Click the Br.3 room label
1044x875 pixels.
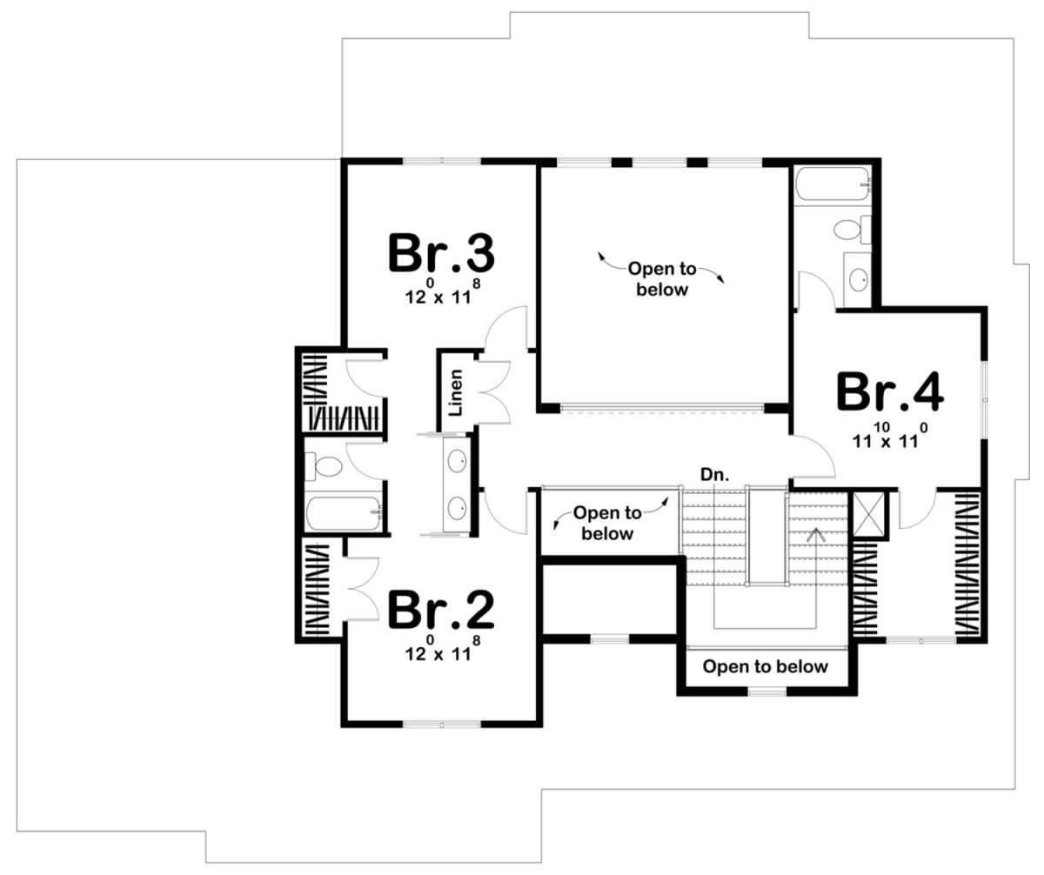coord(441,253)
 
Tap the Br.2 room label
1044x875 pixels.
coord(441,610)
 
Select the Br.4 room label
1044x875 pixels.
coord(890,392)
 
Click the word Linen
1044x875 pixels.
coord(456,393)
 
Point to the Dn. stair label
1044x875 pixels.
coord(714,475)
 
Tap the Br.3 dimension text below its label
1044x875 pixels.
coord(443,292)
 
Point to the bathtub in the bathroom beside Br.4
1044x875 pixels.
coord(833,184)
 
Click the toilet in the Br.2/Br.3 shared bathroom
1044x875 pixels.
coord(324,466)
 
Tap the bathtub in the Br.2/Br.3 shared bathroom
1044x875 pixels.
coord(345,512)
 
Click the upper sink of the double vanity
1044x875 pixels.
coord(457,460)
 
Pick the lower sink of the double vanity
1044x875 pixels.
coord(457,509)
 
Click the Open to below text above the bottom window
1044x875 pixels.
coord(765,666)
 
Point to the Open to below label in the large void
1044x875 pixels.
coord(662,279)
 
